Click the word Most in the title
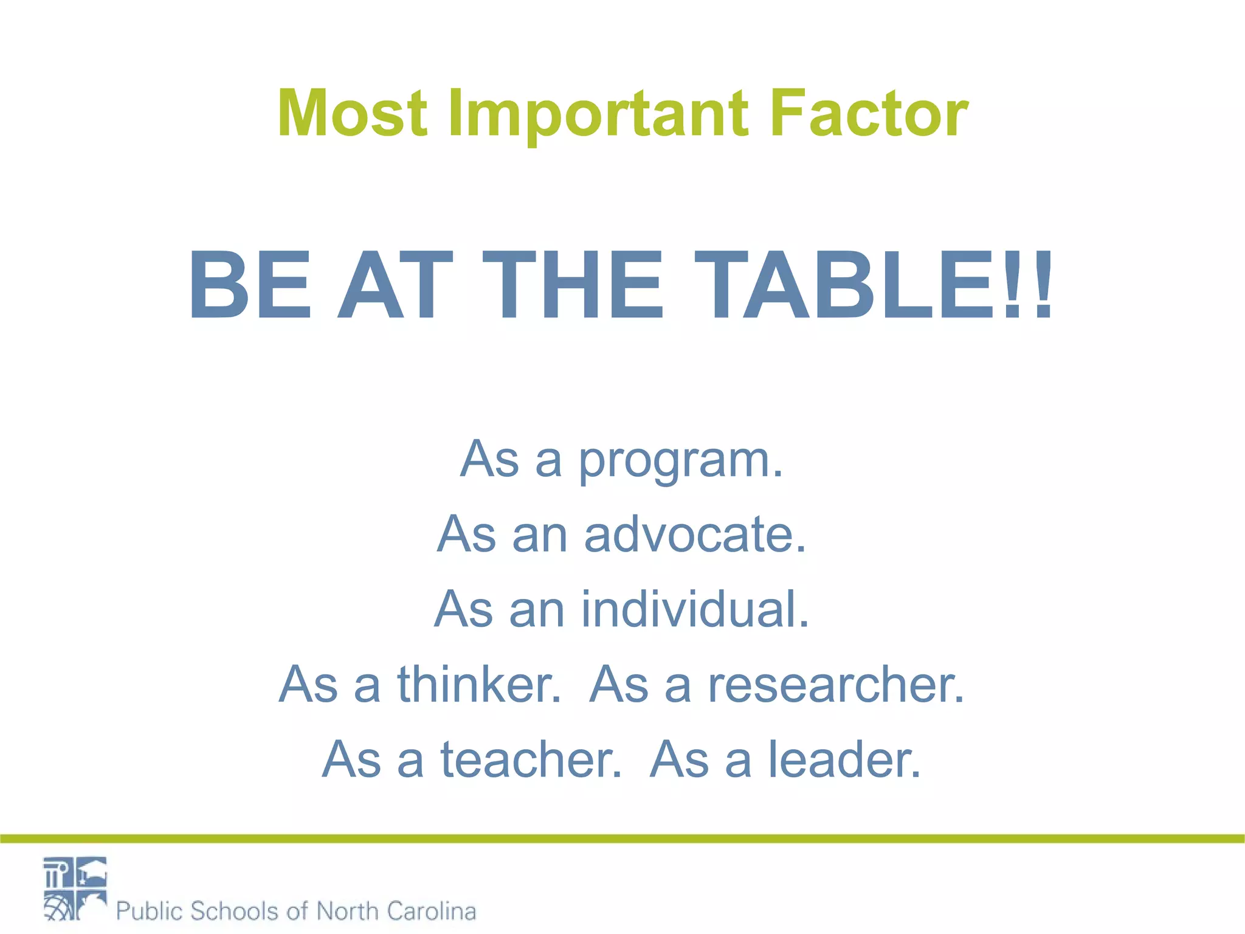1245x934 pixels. point(352,114)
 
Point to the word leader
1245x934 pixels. point(845,759)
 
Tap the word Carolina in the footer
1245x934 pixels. point(431,911)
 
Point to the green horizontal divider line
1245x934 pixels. point(622,839)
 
